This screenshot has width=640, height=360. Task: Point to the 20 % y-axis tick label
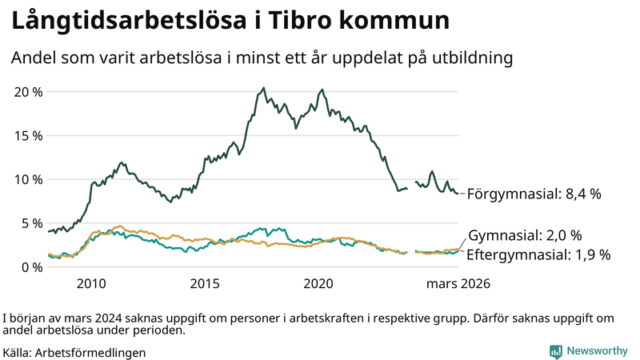pyautogui.click(x=29, y=91)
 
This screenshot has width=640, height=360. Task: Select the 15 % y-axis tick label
pyautogui.click(x=29, y=135)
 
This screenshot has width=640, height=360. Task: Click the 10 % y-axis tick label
pyautogui.click(x=29, y=179)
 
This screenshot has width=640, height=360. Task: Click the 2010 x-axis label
pyautogui.click(x=91, y=283)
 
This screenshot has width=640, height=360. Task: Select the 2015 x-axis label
pyautogui.click(x=205, y=283)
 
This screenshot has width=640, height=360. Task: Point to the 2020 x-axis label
pyautogui.click(x=318, y=283)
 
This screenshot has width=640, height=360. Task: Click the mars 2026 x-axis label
pyautogui.click(x=458, y=283)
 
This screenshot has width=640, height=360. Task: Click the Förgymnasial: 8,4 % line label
pyautogui.click(x=534, y=194)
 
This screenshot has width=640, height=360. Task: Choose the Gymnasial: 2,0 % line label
pyautogui.click(x=525, y=236)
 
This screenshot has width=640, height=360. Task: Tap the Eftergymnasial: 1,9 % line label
pyautogui.click(x=538, y=255)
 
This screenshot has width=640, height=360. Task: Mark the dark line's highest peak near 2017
pyautogui.click(x=264, y=88)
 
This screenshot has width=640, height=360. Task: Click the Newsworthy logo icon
pyautogui.click(x=555, y=350)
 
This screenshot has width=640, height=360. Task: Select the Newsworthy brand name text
pyautogui.click(x=598, y=350)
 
